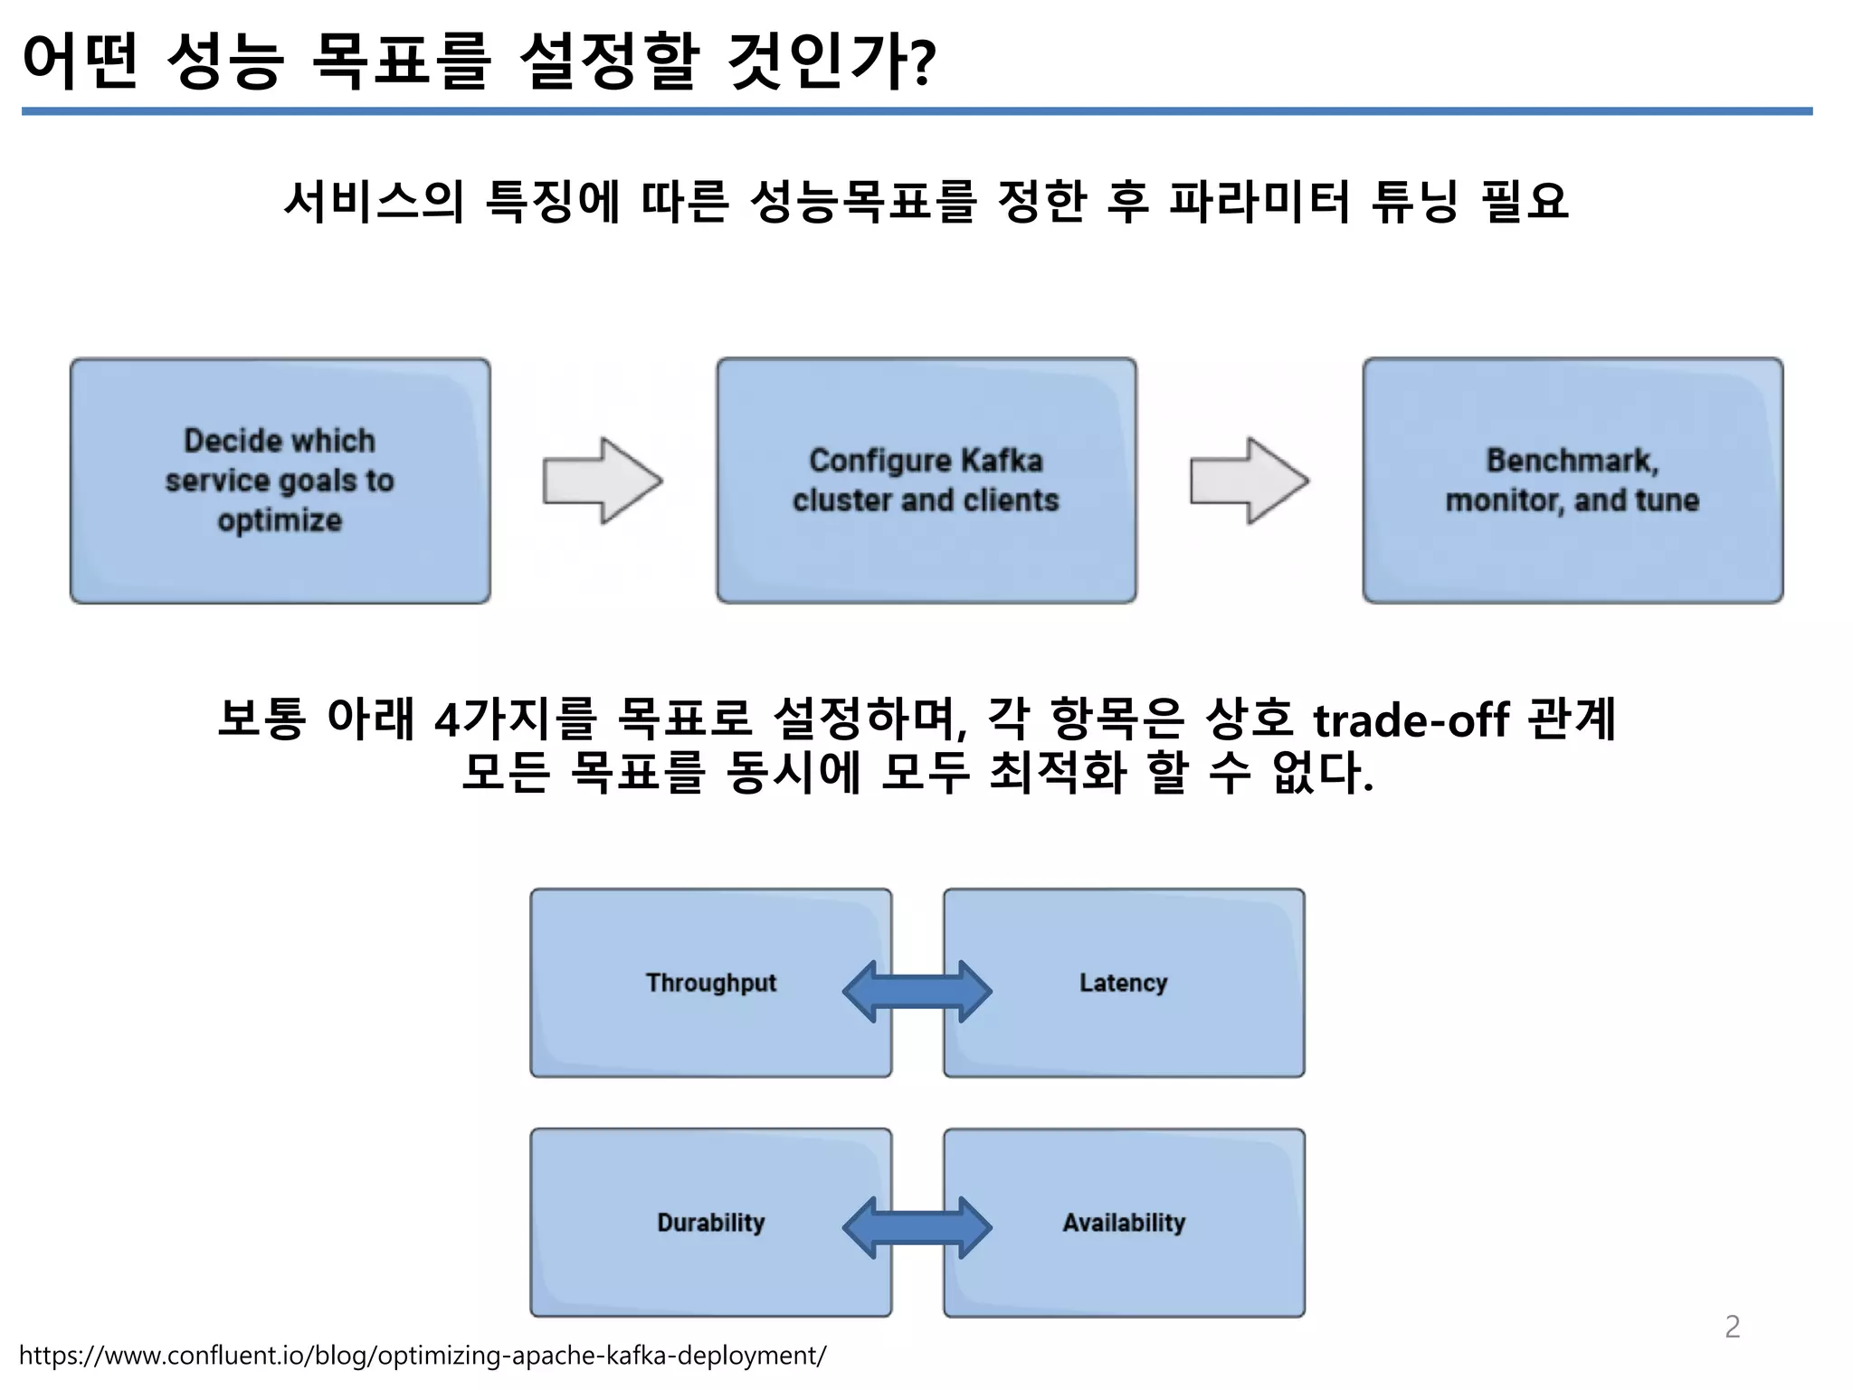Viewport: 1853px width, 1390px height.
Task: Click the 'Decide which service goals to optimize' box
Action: (280, 481)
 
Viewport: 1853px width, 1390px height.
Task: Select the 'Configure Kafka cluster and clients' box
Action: (926, 481)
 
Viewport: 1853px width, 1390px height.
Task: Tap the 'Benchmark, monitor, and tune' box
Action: (1573, 481)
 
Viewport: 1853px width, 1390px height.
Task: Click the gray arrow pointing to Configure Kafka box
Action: (602, 481)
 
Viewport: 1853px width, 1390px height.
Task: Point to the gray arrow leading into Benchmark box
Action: (1249, 481)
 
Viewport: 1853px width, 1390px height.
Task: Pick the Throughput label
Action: (711, 983)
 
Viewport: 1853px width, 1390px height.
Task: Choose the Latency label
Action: (1123, 983)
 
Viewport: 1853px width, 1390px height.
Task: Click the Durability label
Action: (711, 1223)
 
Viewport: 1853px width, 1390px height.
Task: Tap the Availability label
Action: (1124, 1223)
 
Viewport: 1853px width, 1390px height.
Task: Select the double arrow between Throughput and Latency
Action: (917, 992)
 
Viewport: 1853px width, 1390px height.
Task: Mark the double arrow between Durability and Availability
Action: (917, 1228)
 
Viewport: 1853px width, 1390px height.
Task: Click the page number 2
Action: (1732, 1327)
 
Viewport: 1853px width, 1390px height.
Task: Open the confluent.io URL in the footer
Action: (423, 1356)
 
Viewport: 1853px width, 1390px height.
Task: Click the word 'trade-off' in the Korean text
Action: (1411, 721)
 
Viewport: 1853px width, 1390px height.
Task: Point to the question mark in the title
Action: (920, 63)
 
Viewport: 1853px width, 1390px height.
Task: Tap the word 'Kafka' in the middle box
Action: (1002, 461)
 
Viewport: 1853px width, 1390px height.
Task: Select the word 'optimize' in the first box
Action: (280, 520)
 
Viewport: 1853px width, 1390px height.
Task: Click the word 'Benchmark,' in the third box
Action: (1573, 461)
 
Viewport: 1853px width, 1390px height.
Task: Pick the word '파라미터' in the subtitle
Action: (1259, 201)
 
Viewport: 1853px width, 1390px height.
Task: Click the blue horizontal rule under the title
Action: (917, 111)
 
